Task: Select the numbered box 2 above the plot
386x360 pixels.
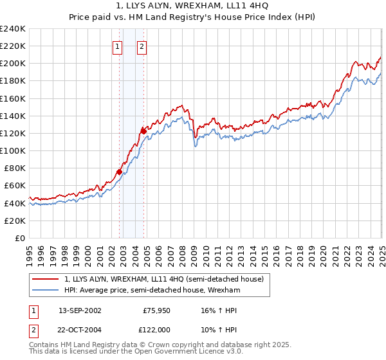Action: (141, 46)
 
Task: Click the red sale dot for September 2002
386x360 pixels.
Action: (119, 172)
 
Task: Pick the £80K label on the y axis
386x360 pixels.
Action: (15, 168)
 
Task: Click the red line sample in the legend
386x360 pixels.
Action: (46, 279)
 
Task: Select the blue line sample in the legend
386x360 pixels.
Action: (46, 290)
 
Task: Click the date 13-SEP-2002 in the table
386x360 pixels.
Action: (80, 310)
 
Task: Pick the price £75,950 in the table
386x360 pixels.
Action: (154, 310)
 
